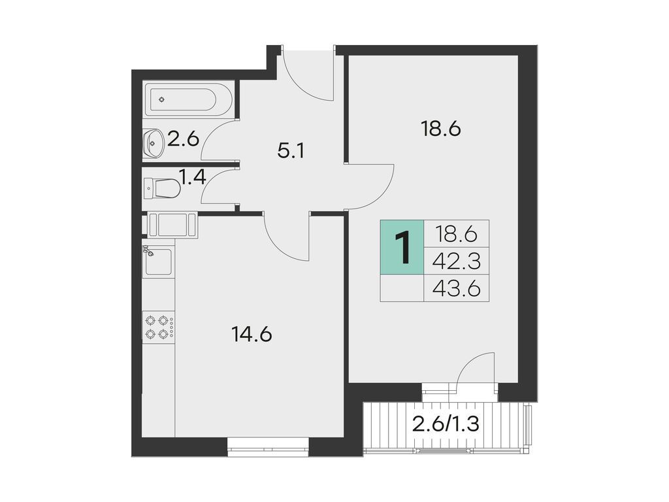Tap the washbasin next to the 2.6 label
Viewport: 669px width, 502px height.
(x=154, y=140)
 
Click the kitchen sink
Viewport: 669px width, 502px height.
(x=158, y=261)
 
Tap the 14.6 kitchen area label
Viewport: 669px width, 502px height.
(x=252, y=335)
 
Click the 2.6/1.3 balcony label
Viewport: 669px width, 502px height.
(x=446, y=425)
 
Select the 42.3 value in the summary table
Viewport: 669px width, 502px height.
(x=457, y=261)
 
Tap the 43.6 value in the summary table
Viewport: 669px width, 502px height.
(x=457, y=288)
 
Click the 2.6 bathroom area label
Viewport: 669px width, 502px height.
(x=184, y=139)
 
